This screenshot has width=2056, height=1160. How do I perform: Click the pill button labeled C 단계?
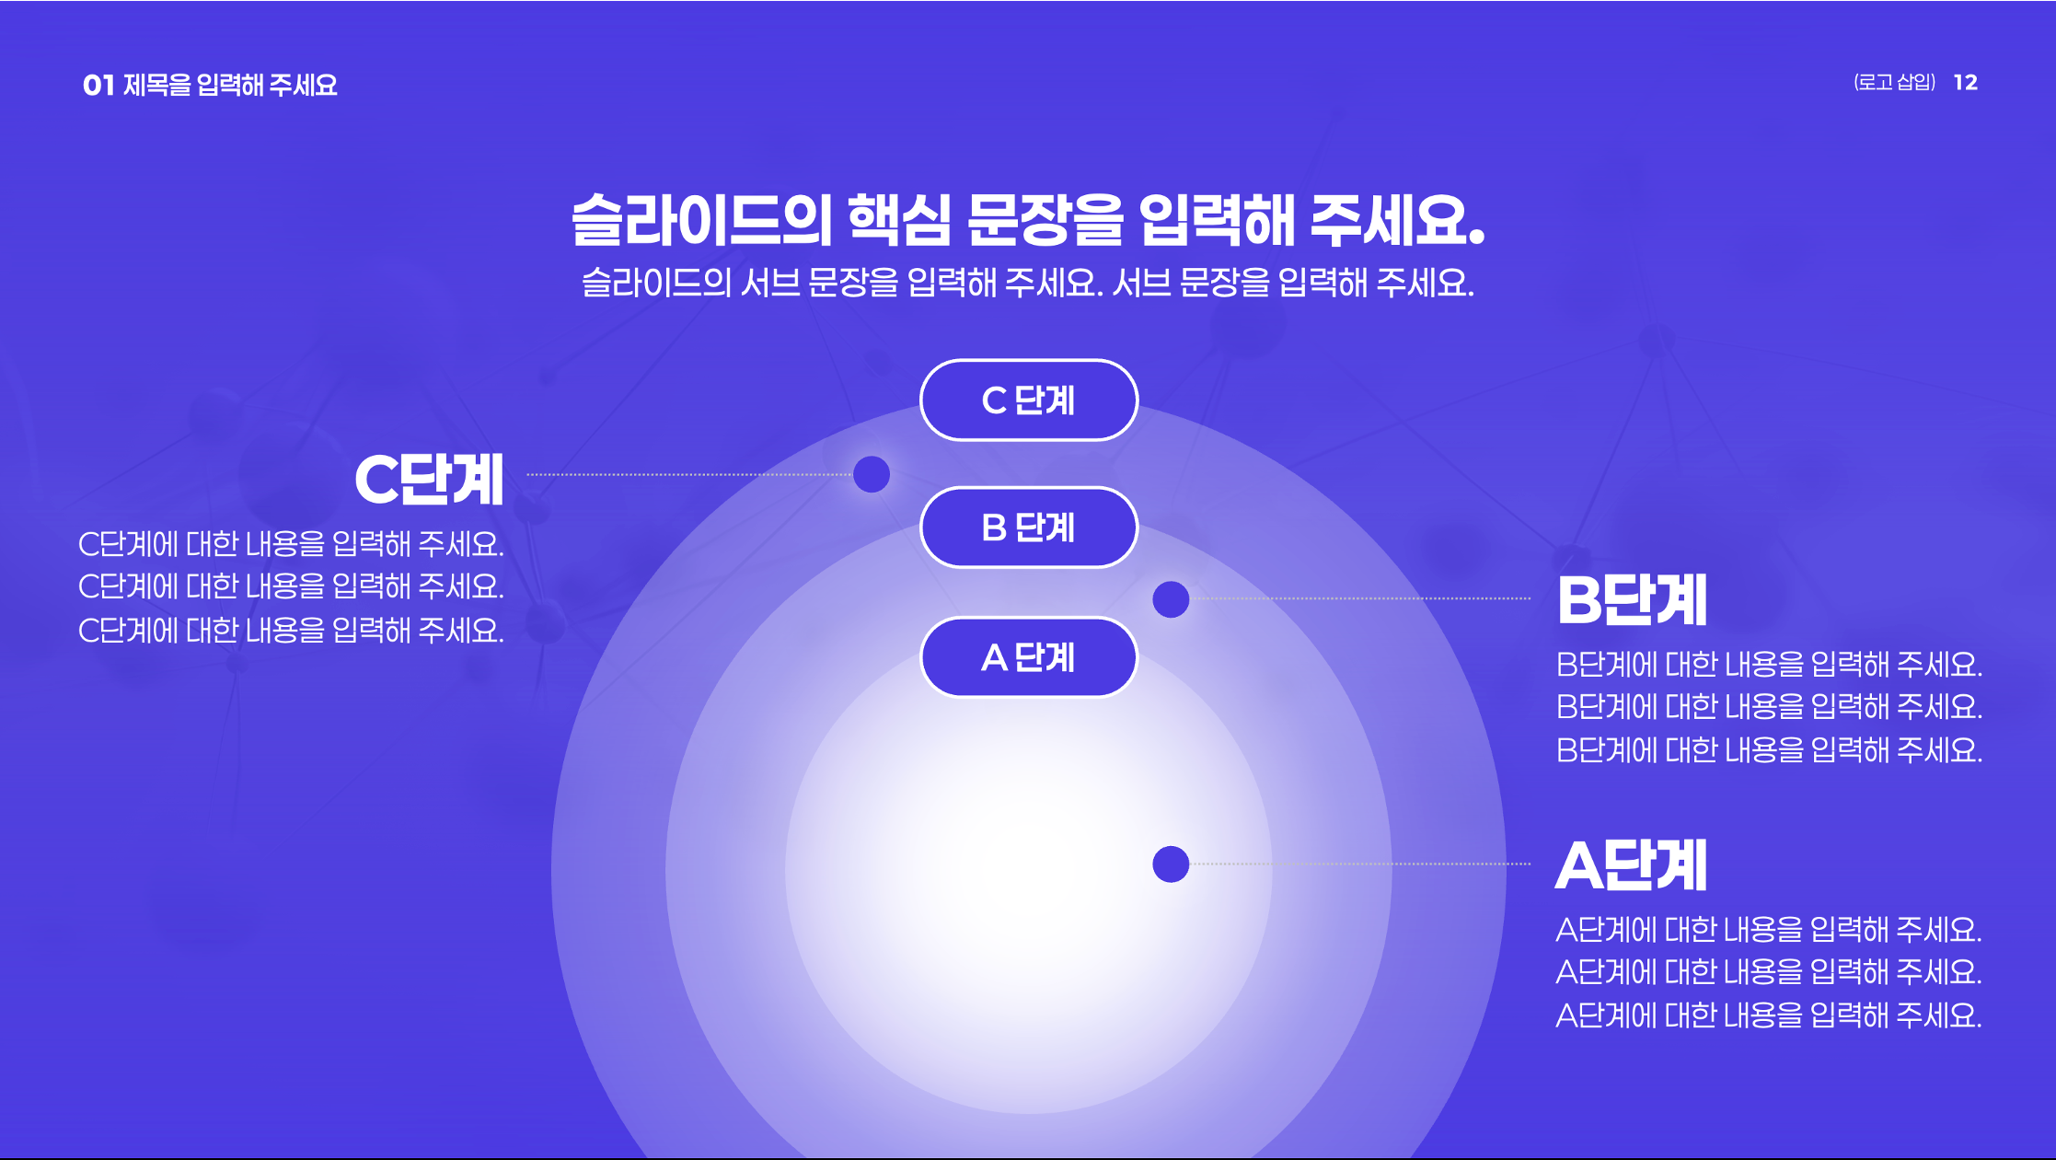tap(1029, 400)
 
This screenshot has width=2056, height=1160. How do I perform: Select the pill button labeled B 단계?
tap(1029, 528)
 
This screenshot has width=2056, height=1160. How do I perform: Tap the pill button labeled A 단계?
tap(1029, 657)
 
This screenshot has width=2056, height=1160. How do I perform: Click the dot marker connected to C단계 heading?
tap(872, 474)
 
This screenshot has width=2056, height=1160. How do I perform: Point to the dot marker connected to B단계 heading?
tap(1171, 599)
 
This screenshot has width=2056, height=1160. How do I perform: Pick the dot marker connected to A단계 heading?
tap(1171, 864)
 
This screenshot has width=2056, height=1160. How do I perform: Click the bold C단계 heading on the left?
tap(429, 479)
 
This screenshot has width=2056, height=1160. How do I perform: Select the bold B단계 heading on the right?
tap(1632, 599)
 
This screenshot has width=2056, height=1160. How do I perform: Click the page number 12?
tap(1966, 83)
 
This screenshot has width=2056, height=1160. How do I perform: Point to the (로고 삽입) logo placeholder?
tap(1895, 83)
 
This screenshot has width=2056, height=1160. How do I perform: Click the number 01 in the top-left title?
tap(98, 86)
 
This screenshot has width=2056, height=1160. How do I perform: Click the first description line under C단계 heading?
tap(291, 544)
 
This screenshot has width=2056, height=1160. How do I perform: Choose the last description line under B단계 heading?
tap(1769, 750)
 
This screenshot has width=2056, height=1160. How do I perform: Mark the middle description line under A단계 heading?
tap(1768, 972)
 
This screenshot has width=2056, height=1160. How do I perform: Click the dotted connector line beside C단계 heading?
tap(689, 474)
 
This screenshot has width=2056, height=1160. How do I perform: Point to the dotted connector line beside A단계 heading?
tap(1360, 864)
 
